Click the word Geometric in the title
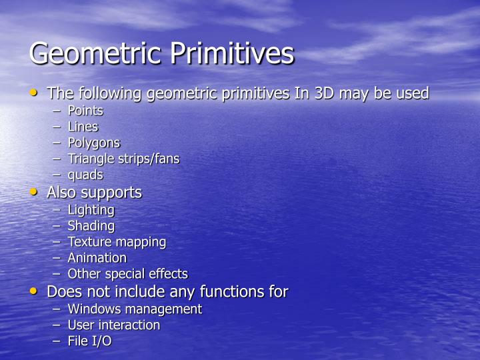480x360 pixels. [x=95, y=53]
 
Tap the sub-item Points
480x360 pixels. [x=85, y=111]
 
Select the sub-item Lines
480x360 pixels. [x=83, y=127]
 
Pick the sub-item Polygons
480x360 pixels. [x=93, y=143]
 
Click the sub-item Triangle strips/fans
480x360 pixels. [x=123, y=159]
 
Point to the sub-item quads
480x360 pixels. [x=85, y=175]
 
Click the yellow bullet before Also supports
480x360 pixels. [x=35, y=192]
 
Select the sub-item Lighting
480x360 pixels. [x=91, y=209]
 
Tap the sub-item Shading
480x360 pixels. [x=91, y=225]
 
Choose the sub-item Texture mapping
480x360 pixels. [x=117, y=241]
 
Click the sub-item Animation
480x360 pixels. [x=97, y=257]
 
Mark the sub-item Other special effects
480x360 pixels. [x=127, y=273]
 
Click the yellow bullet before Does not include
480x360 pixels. [x=35, y=291]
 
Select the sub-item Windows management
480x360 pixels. [x=134, y=309]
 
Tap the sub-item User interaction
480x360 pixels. [x=113, y=325]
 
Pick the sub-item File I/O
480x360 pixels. [x=89, y=341]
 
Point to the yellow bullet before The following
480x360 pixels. [x=35, y=93]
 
